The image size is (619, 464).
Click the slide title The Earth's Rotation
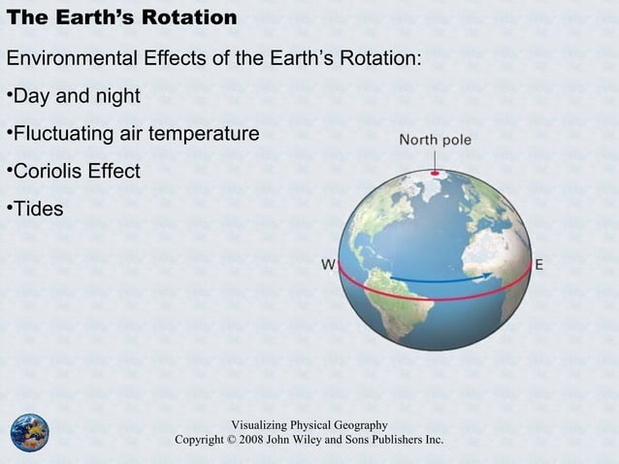(121, 18)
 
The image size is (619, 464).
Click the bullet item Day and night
(76, 96)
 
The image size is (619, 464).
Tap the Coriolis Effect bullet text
(76, 171)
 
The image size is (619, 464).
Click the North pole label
(435, 140)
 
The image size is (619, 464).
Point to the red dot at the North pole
(435, 174)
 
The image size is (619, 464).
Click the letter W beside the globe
(329, 264)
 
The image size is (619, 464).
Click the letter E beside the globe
(539, 264)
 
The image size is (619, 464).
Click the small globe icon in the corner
(29, 432)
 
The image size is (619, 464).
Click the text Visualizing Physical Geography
(309, 425)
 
